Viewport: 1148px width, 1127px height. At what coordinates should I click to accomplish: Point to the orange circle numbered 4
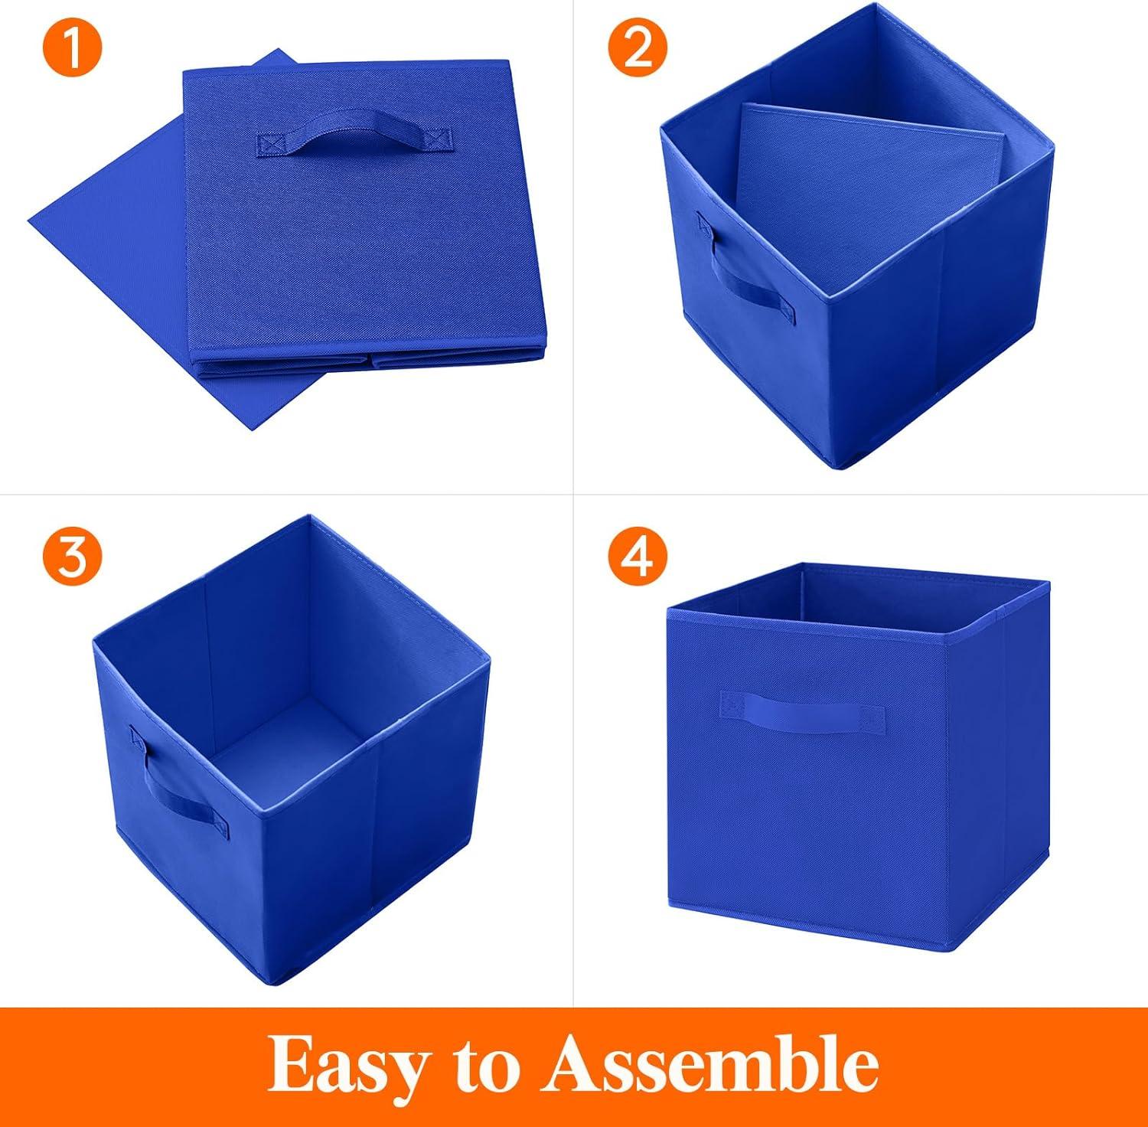point(638,556)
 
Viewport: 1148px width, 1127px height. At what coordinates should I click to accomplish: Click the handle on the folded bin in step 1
point(355,135)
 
